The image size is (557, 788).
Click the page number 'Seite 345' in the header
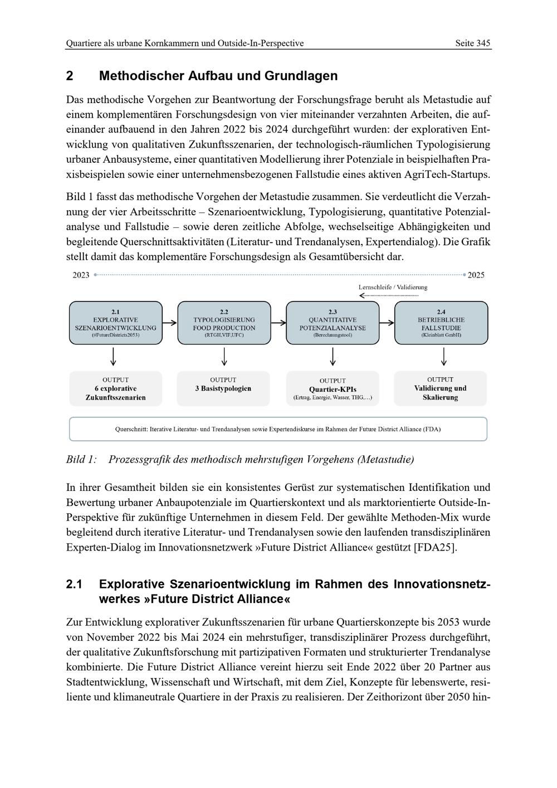click(472, 43)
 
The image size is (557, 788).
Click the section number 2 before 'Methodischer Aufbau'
click(70, 76)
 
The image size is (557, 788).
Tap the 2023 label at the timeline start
click(81, 275)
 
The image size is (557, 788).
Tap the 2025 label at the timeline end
click(476, 275)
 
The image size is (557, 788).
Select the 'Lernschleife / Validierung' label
click(393, 287)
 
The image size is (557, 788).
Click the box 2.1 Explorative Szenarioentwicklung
click(115, 323)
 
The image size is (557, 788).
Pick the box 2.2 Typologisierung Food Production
click(224, 323)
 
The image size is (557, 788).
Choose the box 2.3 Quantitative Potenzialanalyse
click(333, 323)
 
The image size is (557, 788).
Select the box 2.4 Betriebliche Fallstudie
click(441, 323)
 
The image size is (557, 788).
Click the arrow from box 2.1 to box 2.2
click(170, 323)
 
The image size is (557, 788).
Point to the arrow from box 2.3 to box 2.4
click(387, 323)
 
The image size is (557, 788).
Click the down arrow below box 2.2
click(224, 357)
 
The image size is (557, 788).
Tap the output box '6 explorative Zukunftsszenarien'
click(115, 388)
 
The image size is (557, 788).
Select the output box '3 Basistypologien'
click(223, 388)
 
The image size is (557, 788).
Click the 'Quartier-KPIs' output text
click(333, 389)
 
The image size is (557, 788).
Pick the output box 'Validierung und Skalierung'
click(440, 388)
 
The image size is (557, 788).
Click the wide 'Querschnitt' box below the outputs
click(278, 429)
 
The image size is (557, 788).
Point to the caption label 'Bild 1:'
click(81, 459)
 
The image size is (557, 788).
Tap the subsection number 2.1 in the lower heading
click(74, 584)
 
